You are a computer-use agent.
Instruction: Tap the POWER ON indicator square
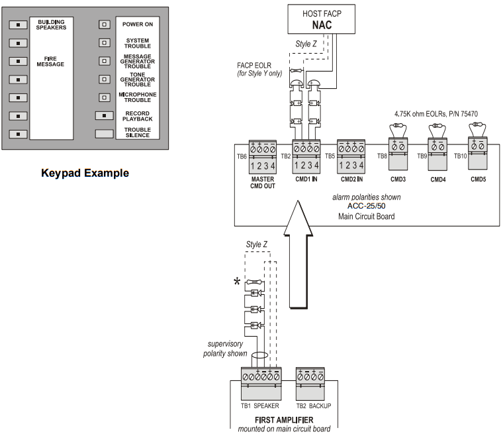(x=104, y=25)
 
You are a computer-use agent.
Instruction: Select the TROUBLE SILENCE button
(x=104, y=133)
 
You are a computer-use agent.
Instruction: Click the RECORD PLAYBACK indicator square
(x=104, y=115)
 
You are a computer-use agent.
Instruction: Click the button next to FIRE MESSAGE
(x=19, y=61)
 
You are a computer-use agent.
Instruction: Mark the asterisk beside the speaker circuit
(x=236, y=282)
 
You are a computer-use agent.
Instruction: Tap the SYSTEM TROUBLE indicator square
(x=104, y=42)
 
